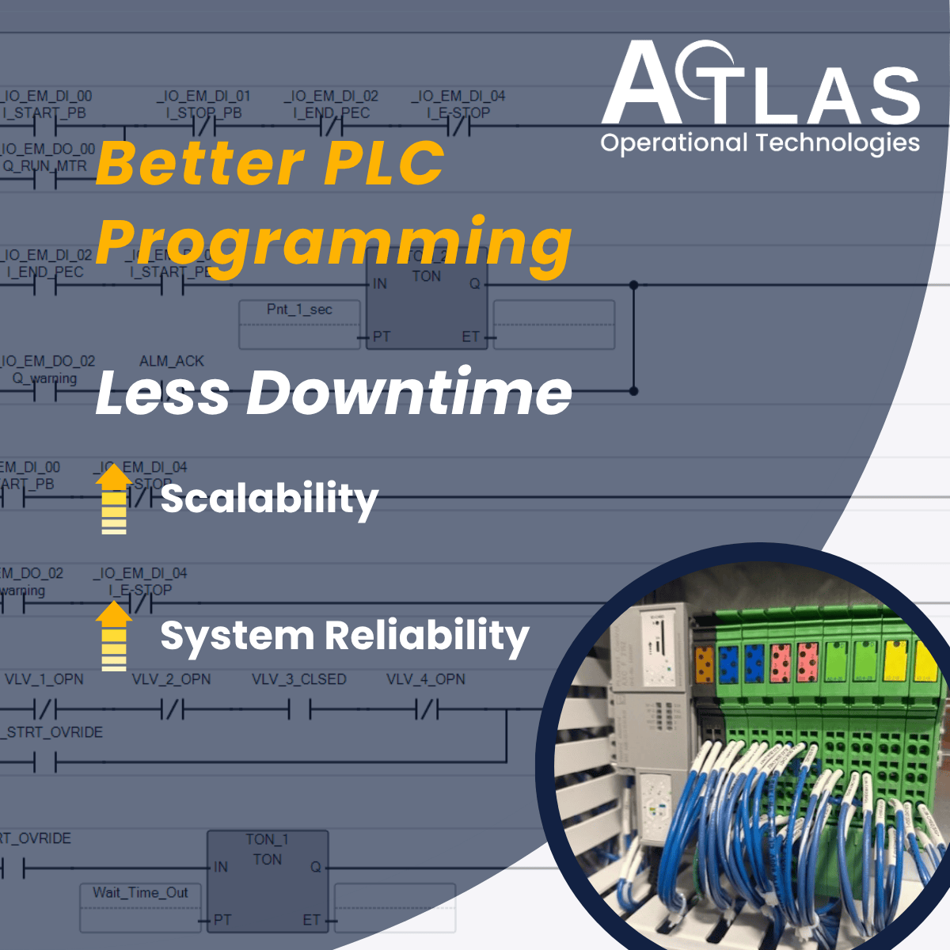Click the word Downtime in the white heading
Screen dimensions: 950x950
click(409, 393)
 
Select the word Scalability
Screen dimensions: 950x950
click(269, 500)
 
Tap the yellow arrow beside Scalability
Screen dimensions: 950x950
click(114, 499)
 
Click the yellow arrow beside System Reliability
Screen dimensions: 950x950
click(114, 636)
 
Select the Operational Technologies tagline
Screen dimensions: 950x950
click(760, 143)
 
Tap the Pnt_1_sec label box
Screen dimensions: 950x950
click(299, 310)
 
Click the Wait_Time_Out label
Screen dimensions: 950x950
click(140, 893)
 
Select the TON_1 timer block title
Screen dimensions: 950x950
click(267, 839)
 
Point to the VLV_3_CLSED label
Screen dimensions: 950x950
click(299, 679)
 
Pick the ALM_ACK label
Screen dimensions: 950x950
click(172, 361)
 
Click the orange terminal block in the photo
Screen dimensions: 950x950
click(704, 664)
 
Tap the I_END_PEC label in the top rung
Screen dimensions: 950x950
click(332, 113)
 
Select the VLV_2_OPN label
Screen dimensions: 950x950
click(171, 679)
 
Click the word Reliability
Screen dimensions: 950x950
click(427, 636)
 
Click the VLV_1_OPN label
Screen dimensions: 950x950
click(44, 679)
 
